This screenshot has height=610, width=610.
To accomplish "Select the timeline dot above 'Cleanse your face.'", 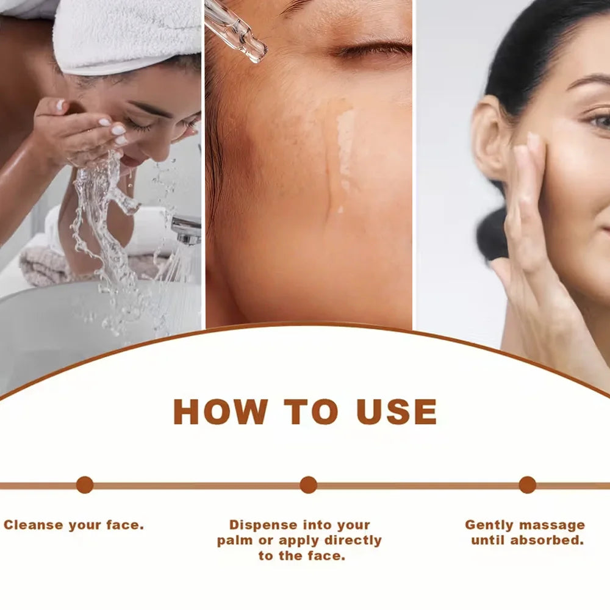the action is pos(85,485).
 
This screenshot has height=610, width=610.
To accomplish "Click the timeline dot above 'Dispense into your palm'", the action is pos(309,485).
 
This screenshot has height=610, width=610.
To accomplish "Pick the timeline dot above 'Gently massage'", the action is pos(528,485).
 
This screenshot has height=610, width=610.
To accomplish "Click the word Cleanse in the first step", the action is pos(34,525).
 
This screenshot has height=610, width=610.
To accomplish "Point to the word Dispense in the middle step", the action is pos(264,525).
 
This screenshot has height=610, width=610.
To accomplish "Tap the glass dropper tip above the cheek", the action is pos(257,51).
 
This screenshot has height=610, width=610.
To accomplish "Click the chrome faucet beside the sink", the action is pos(187,231).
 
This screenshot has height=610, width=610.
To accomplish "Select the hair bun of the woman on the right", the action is pos(491,234).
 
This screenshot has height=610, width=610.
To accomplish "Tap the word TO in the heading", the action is pos(311,411).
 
